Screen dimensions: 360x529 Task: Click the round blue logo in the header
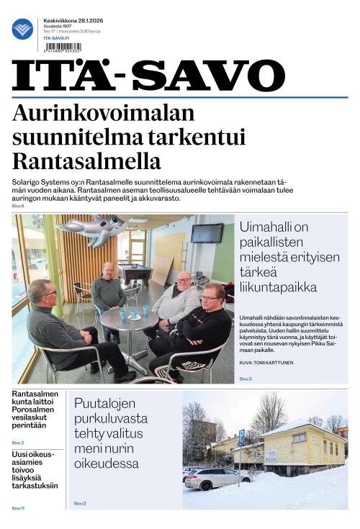[x=22, y=30]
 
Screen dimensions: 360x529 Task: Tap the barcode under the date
[x=66, y=43]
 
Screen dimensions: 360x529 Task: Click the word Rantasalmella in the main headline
[x=86, y=160]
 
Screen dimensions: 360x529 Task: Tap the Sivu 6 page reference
[x=18, y=206]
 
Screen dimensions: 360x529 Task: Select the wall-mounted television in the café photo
[x=207, y=233]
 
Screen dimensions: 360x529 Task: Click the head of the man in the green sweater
[x=107, y=271]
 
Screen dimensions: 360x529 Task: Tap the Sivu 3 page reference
[x=246, y=378]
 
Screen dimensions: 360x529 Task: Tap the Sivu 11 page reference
[x=18, y=508]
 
